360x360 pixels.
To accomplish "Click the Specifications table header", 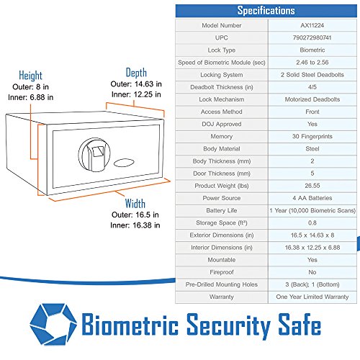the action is pos(266,11).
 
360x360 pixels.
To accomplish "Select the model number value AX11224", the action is pos(312,25).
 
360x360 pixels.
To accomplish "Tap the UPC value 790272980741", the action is pos(312,37).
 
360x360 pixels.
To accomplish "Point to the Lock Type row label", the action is pos(222,50).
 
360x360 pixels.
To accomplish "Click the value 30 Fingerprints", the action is pos(312,136).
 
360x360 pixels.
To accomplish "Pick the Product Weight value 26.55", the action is pos(312,186).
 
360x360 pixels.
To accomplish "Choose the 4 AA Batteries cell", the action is pos(312,198).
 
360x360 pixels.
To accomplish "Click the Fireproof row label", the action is pos(222,272).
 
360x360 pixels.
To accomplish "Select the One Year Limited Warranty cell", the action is pos(312,297).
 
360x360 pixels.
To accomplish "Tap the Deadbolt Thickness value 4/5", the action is pos(312,87).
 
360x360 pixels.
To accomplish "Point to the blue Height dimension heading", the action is pos(30,76).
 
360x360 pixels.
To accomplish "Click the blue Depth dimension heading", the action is pos(136,73).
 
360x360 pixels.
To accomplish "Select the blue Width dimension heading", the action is pos(135,204).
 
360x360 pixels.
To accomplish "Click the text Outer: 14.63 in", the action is pos(136,84).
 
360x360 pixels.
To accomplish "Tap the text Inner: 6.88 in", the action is pos(30,97).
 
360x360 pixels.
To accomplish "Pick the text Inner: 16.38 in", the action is pos(135,225).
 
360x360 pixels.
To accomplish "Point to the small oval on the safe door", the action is pos(124,163).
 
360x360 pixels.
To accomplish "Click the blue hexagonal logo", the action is pos(53,324).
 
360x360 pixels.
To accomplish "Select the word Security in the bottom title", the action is pos(228,326).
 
